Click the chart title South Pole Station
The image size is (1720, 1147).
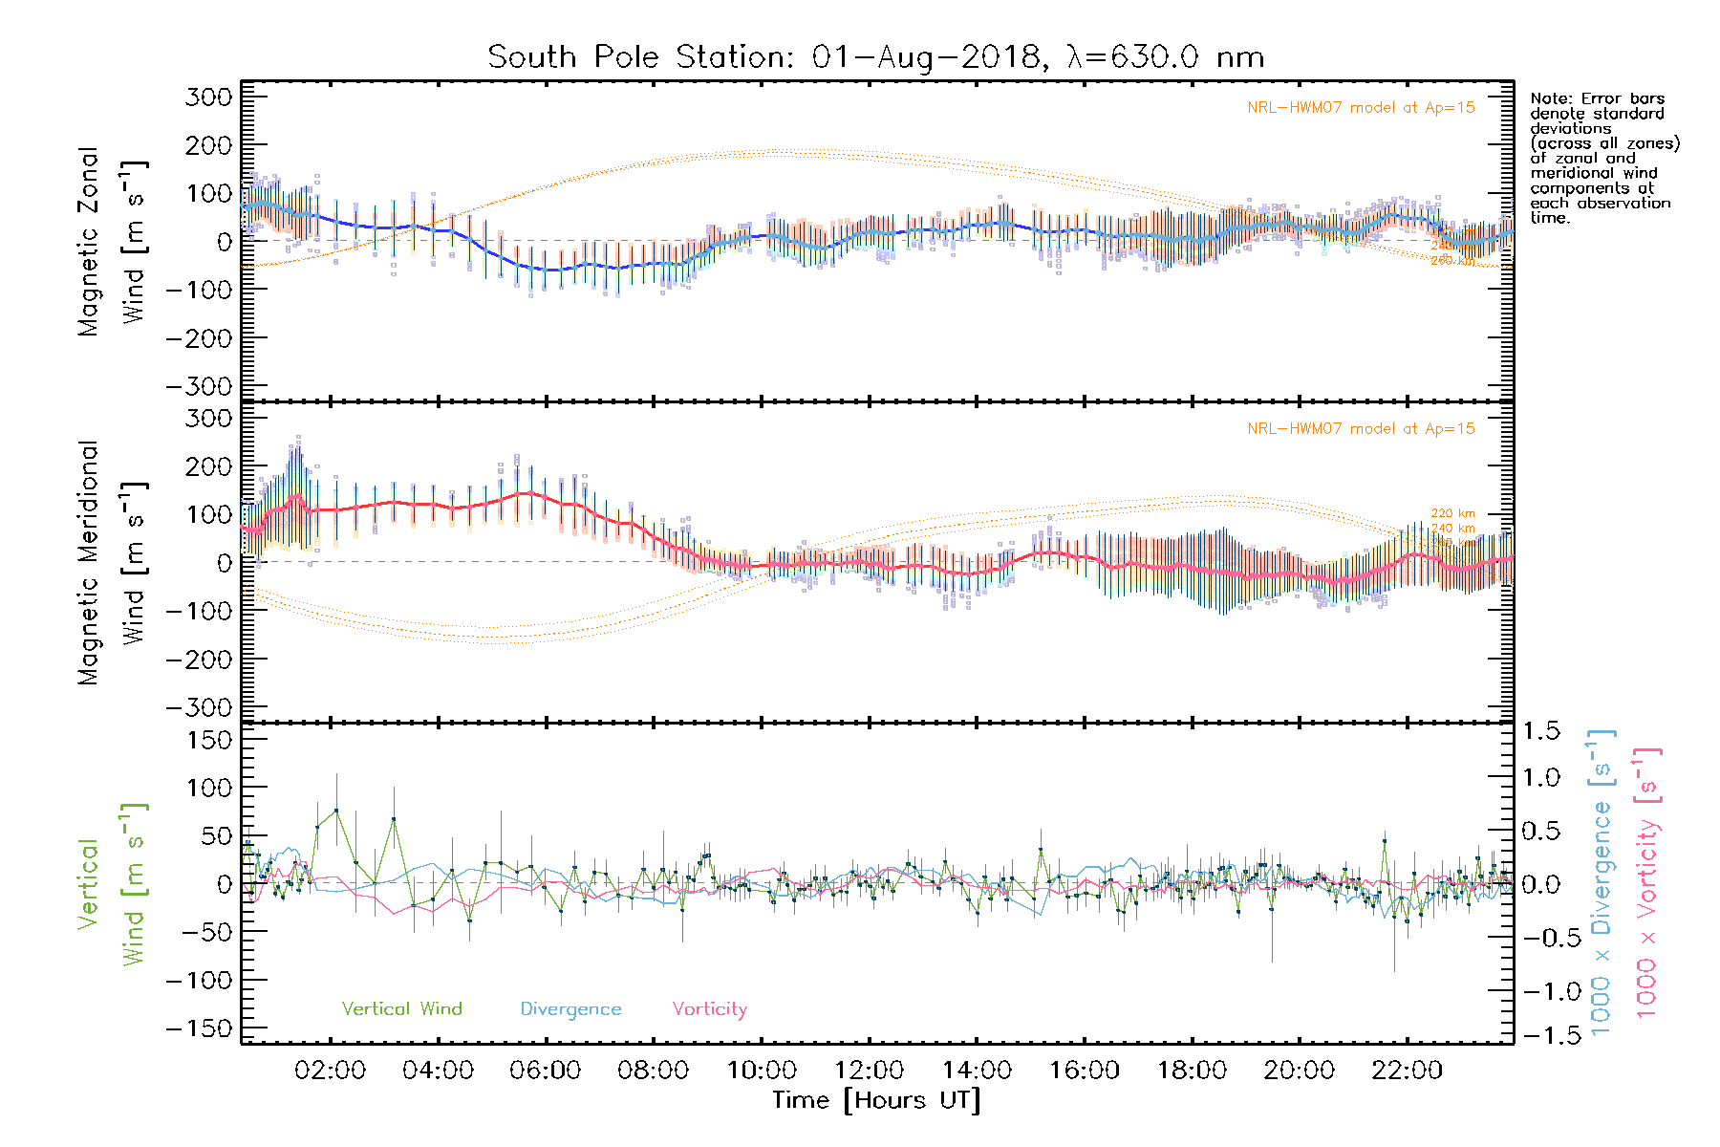pyautogui.click(x=875, y=57)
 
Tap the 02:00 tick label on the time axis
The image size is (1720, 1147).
pyautogui.click(x=330, y=1071)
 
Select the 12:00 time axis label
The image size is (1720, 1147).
pyautogui.click(x=869, y=1071)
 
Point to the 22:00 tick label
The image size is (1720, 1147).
pyautogui.click(x=1407, y=1071)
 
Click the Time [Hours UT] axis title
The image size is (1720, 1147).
pyautogui.click(x=876, y=1100)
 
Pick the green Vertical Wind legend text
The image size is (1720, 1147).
pyautogui.click(x=401, y=1008)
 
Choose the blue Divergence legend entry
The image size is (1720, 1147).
pyautogui.click(x=570, y=1008)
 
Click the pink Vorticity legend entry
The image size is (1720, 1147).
pyautogui.click(x=709, y=1008)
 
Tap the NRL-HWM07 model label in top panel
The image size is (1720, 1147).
pyautogui.click(x=1361, y=108)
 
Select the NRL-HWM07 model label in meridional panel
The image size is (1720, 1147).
pyautogui.click(x=1361, y=429)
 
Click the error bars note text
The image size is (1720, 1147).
pyautogui.click(x=1604, y=158)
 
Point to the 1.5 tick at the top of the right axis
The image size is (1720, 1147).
pyautogui.click(x=1540, y=731)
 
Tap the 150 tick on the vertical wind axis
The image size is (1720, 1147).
pyautogui.click(x=209, y=740)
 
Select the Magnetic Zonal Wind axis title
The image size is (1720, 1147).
pyautogui.click(x=112, y=241)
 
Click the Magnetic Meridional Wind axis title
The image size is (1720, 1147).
pyautogui.click(x=112, y=562)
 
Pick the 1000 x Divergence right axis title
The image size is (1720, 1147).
pyautogui.click(x=1602, y=882)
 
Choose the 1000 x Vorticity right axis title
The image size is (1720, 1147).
pyautogui.click(x=1647, y=882)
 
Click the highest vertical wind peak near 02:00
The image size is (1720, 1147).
pyautogui.click(x=336, y=811)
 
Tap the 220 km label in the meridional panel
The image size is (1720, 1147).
pyautogui.click(x=1452, y=513)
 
